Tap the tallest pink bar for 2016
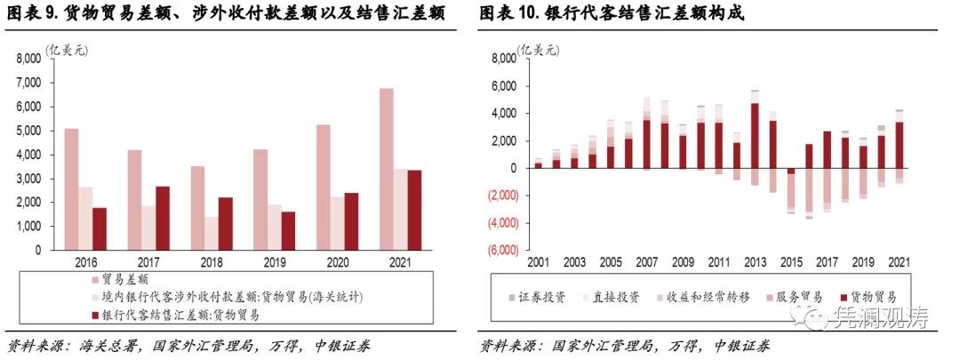[71, 189]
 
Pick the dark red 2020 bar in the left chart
[351, 221]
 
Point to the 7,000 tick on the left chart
[28, 83]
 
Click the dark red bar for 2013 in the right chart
[755, 135]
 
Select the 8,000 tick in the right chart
[502, 59]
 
